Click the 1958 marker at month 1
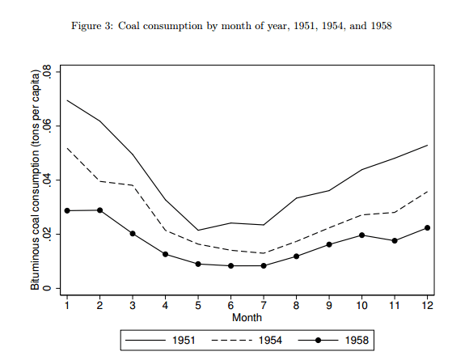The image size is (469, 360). pos(67,210)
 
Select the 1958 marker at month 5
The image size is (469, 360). pos(198,264)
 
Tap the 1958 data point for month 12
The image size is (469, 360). pos(427,227)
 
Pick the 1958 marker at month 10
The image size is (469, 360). pos(361,235)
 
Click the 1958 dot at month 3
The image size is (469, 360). pos(133,233)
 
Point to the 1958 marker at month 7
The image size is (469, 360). pos(264,265)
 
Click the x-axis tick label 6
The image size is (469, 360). pos(230,305)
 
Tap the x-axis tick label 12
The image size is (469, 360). pos(427,305)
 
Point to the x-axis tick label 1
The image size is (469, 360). pos(67,305)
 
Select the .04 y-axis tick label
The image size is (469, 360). pos(49,180)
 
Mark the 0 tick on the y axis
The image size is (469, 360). pos(49,288)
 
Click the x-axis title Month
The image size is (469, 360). pos(247,317)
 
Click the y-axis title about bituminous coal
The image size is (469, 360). pos(36,180)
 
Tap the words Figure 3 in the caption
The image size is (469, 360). pos(97,26)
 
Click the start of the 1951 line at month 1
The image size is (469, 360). pos(67,100)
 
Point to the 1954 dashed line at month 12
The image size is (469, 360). pos(427,192)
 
